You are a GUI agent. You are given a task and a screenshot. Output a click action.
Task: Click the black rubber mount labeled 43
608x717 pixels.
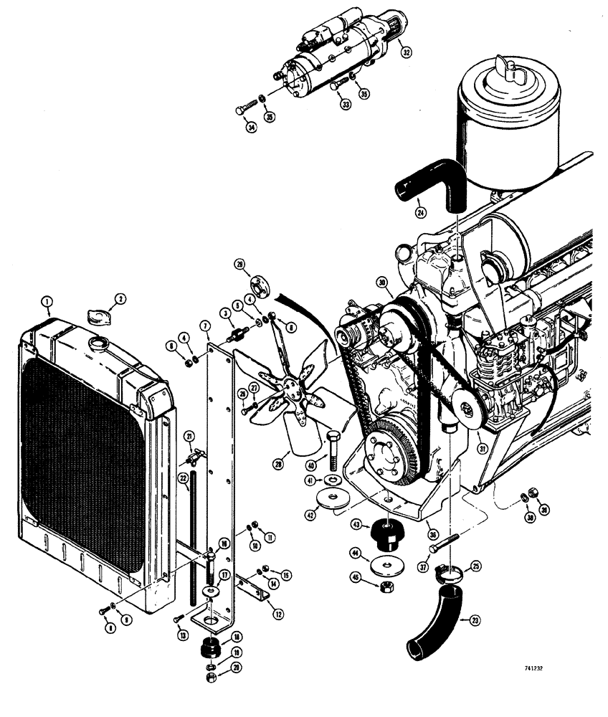(386, 534)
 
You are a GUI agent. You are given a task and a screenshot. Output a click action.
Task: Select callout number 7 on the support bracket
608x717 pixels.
(206, 326)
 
